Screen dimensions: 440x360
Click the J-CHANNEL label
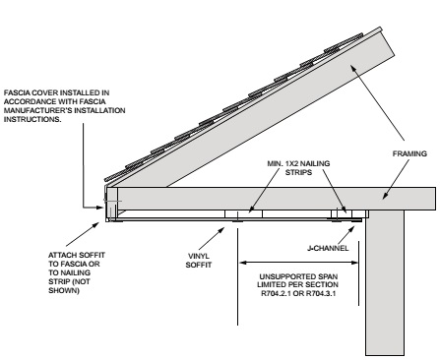click(328, 248)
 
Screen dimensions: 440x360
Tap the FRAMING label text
click(409, 153)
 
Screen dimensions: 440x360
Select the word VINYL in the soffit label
click(199, 256)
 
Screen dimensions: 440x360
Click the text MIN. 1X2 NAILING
click(298, 163)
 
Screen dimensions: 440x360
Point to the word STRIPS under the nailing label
click(298, 172)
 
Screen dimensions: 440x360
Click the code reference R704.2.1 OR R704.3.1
click(298, 293)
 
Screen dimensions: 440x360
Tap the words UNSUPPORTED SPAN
click(298, 276)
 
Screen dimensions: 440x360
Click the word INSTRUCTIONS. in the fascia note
click(32, 119)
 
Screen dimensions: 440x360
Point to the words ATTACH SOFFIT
click(77, 255)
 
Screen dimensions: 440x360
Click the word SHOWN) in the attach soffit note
click(64, 290)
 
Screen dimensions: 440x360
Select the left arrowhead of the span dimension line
click(243, 263)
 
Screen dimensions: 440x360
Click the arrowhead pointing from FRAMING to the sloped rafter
click(353, 68)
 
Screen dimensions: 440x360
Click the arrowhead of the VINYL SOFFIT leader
click(221, 230)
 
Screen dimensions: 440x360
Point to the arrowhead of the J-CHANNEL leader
click(351, 228)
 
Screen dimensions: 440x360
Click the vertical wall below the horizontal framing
click(385, 282)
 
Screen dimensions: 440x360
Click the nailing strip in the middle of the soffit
click(243, 213)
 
